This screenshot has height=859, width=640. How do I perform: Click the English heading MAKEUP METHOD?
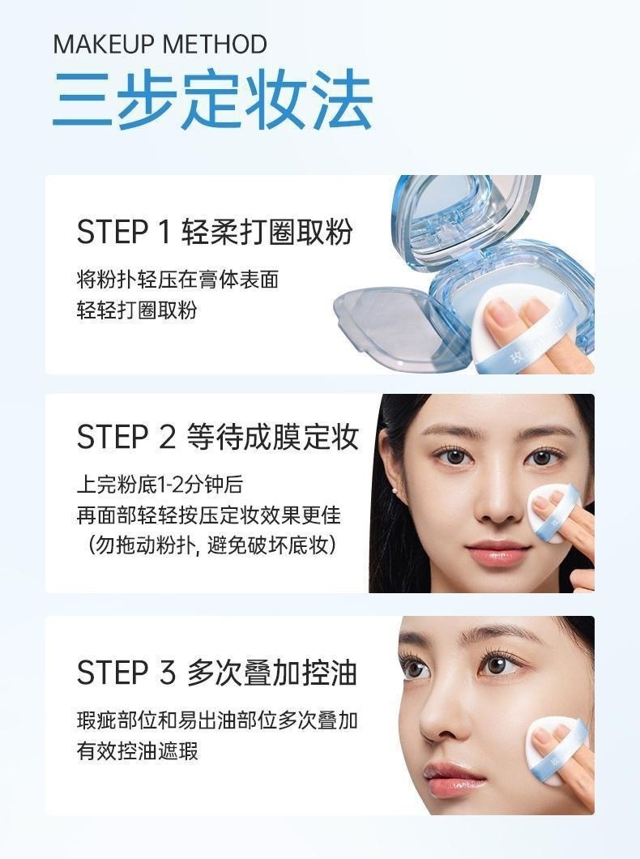(x=160, y=45)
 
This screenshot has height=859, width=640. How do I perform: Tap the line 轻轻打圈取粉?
(x=137, y=310)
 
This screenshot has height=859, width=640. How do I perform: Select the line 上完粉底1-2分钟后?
(x=160, y=485)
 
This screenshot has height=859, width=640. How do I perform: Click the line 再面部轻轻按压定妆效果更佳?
(x=208, y=515)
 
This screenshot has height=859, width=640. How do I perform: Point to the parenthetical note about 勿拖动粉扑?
(x=211, y=545)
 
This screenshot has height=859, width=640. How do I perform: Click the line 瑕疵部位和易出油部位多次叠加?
(x=217, y=720)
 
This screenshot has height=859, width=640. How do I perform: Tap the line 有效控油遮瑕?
(x=138, y=751)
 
